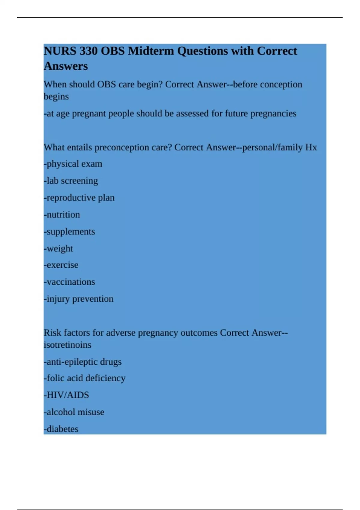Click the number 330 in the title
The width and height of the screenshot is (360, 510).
coord(88,51)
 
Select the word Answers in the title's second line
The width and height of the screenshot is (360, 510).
coord(66,66)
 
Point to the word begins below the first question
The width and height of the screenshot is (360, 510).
coord(56,97)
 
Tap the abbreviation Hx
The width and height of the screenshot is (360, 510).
coord(311,147)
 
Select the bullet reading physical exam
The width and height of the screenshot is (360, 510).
coord(73,164)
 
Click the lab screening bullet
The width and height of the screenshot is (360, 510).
coord(71,181)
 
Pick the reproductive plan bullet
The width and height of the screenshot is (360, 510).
coord(79,198)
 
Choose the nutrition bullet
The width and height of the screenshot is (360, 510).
coord(62,214)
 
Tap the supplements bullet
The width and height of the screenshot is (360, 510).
coord(69,232)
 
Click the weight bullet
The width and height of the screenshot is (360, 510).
coord(58,248)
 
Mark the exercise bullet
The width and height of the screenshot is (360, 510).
coord(61,265)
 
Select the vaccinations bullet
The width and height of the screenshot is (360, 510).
coord(69,282)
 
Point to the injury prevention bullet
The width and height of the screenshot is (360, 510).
coord(79,299)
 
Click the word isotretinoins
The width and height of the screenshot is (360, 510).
coord(67,345)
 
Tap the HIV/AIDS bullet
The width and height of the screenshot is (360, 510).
coord(66,395)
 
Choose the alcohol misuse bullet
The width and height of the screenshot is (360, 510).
coord(74,412)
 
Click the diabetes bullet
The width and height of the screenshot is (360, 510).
coord(61,429)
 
